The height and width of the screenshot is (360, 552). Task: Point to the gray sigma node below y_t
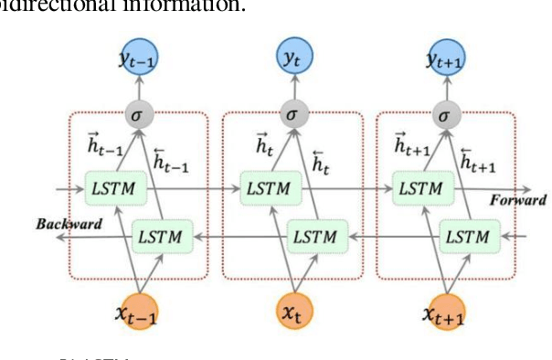(x=291, y=115)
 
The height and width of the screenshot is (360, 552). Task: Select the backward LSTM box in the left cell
(x=161, y=237)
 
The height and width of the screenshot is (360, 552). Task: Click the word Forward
(x=517, y=200)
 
